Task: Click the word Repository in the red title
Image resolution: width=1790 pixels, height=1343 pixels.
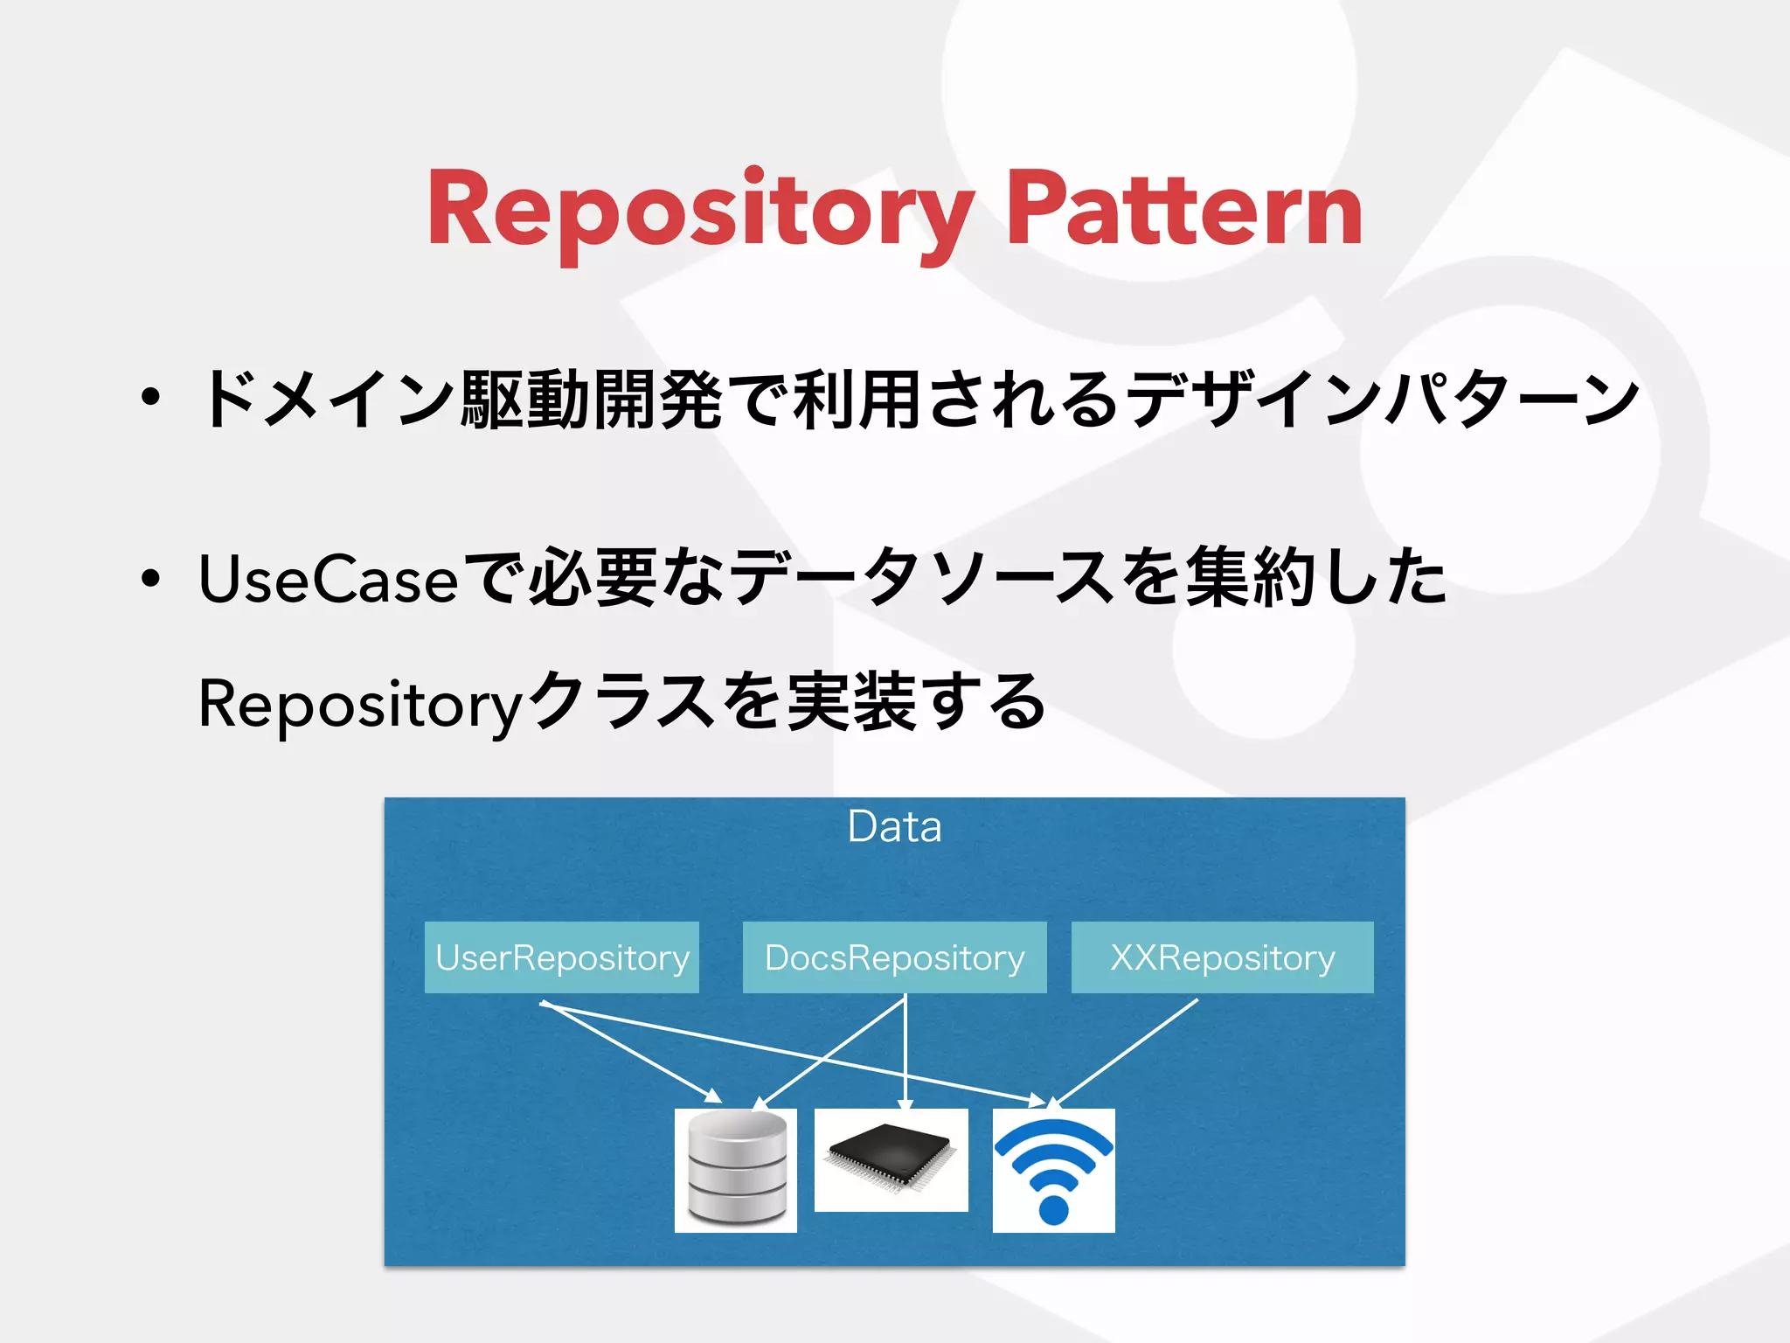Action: tap(699, 210)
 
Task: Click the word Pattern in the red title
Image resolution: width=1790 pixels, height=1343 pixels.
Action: tap(1184, 210)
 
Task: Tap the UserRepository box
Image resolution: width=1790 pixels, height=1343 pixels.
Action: tap(562, 957)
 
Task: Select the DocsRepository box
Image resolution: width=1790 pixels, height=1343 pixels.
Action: tap(894, 957)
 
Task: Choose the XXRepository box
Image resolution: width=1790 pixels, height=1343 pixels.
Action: tap(1222, 957)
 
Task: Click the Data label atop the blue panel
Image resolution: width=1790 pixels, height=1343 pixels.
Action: tap(894, 826)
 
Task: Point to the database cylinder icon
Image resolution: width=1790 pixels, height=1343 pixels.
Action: tap(736, 1170)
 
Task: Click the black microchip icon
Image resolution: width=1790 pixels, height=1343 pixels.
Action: tap(891, 1159)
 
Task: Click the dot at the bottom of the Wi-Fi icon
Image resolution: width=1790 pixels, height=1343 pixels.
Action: tap(1053, 1210)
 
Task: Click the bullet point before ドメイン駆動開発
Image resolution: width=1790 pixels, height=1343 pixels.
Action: tap(151, 398)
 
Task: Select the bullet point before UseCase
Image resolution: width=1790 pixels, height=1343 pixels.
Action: tap(151, 577)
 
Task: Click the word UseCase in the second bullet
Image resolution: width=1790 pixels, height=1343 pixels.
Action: tap(328, 579)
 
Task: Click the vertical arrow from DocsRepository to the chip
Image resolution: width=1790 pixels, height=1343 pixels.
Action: tap(905, 1049)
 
